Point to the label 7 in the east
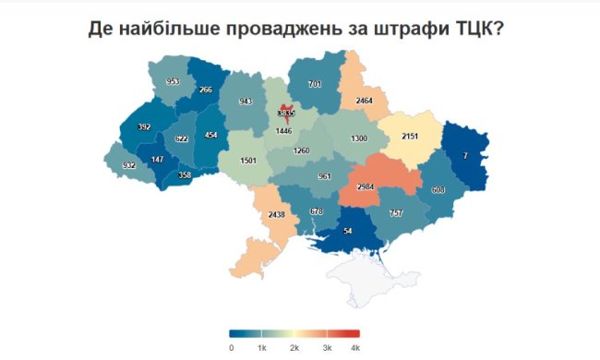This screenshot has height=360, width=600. (x=465, y=156)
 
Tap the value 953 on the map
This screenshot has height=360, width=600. (x=173, y=82)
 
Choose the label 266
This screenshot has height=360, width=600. (x=206, y=90)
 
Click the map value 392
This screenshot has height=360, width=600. (x=144, y=127)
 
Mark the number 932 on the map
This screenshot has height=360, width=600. (x=128, y=165)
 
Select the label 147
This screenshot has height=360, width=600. (x=159, y=160)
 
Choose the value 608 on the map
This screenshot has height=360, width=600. (x=438, y=189)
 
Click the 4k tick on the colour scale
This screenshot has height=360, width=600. (x=354, y=347)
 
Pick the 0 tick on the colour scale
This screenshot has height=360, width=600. (x=231, y=347)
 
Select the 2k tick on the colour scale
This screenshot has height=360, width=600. (x=294, y=347)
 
